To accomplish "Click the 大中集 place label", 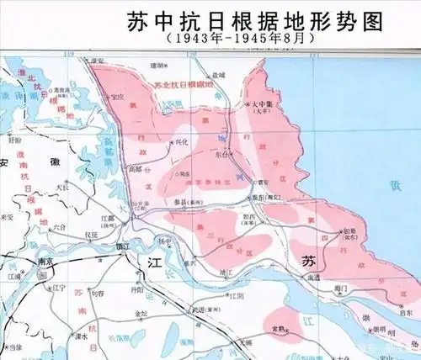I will click(x=265, y=106).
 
